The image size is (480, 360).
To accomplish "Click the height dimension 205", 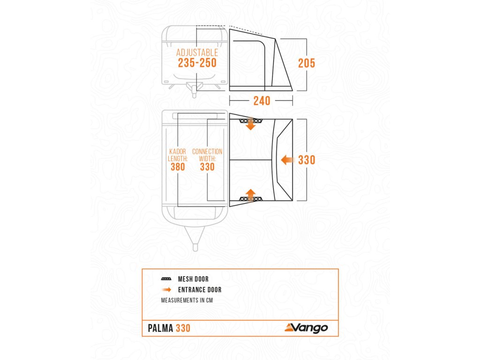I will [x=307, y=63].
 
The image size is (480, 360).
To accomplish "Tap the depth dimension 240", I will [x=262, y=100].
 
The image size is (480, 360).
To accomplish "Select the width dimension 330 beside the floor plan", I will [x=307, y=160].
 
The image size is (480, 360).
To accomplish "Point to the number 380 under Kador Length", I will [x=178, y=166].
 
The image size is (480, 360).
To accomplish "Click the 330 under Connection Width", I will [x=207, y=166].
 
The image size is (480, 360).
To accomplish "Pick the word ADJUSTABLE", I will [x=197, y=52].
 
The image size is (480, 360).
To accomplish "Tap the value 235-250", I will [x=197, y=63].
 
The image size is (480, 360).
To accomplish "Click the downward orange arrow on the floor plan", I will [x=251, y=124].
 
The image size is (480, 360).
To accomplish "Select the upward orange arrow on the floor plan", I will [x=251, y=195].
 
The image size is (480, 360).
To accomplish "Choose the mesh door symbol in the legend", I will [x=166, y=279].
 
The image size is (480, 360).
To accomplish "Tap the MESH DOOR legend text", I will [x=193, y=279].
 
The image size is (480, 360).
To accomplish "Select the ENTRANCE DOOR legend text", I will [x=199, y=290].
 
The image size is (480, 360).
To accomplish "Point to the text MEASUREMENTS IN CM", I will [x=187, y=300].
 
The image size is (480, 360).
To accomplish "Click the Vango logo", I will [x=307, y=328].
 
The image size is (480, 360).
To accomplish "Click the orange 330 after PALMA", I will [x=183, y=328].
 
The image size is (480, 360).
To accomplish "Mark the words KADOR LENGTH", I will [x=178, y=155].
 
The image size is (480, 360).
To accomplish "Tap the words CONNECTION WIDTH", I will [x=207, y=155].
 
